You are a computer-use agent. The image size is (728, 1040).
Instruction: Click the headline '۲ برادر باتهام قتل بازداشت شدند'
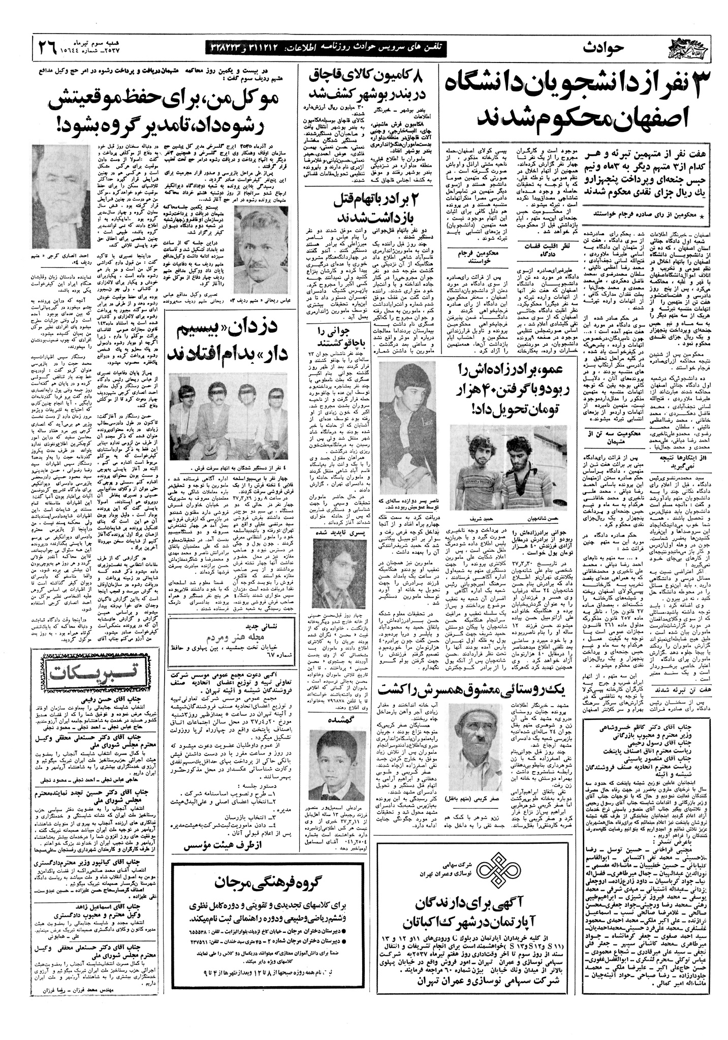pyautogui.click(x=370, y=206)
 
